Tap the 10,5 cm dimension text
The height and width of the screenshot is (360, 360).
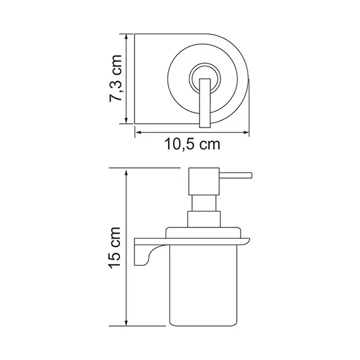click(x=191, y=145)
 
